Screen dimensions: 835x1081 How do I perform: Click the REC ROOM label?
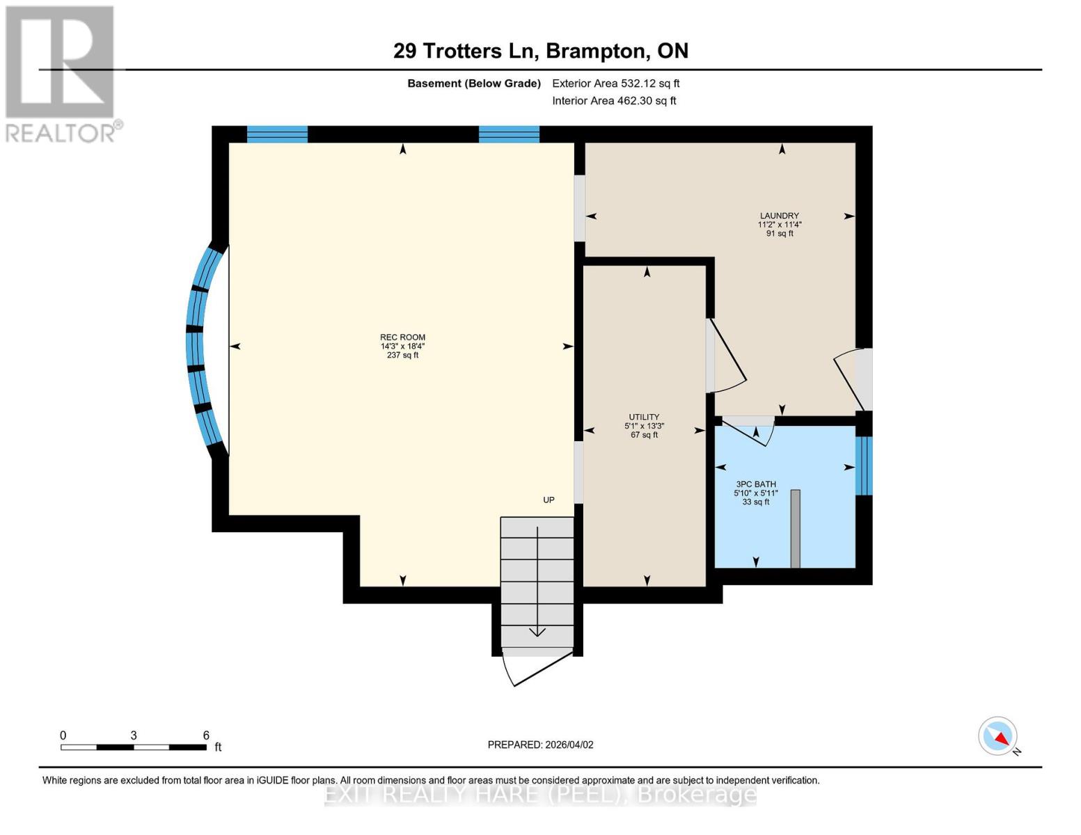pos(402,337)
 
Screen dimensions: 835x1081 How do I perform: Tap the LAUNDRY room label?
pos(779,216)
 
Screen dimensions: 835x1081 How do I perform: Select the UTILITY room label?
pos(644,417)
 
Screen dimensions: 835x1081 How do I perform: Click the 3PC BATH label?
pos(756,484)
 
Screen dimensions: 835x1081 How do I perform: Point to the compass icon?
pos(998,736)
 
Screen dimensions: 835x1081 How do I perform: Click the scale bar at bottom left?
pos(133,747)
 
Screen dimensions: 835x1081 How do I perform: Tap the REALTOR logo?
pos(61,74)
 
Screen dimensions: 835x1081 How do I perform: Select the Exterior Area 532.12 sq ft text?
pos(615,83)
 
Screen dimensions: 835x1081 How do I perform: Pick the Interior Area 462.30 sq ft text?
pos(614,101)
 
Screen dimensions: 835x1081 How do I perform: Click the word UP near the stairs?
pos(549,500)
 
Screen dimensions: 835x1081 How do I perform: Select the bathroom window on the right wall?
pos(863,466)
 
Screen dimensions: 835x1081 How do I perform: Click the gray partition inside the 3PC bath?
pos(796,529)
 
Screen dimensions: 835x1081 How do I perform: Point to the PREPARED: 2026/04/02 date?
pos(540,745)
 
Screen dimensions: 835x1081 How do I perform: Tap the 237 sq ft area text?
pos(402,356)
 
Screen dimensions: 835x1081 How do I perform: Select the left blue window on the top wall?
pos(277,134)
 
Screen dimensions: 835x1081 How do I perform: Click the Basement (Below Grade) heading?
pos(473,83)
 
